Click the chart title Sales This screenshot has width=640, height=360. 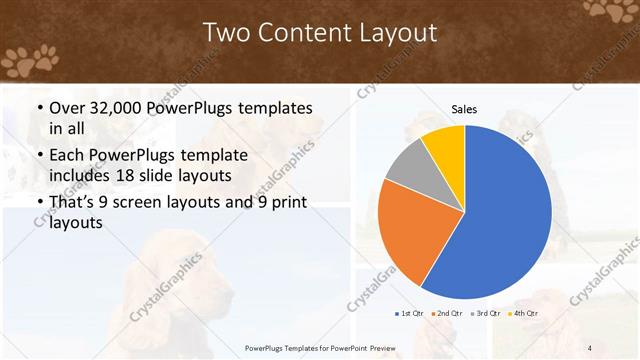463,109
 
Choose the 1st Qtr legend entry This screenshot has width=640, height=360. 410,313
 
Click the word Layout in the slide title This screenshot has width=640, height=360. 397,33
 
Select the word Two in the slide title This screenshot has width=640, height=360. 224,33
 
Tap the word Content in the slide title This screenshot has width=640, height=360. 299,33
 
